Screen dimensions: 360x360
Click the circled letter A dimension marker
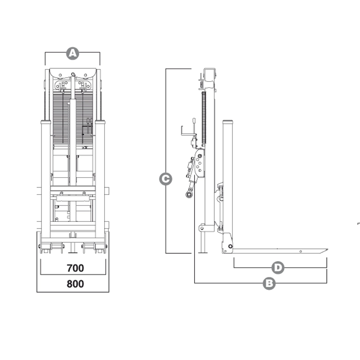[72, 54]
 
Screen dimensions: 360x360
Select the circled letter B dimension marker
[269, 283]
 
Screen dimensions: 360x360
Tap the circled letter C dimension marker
[166, 179]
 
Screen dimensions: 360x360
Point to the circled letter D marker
[278, 268]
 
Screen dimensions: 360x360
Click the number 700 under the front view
[75, 268]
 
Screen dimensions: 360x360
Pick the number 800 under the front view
[75, 284]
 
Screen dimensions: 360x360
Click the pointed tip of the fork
[328, 249]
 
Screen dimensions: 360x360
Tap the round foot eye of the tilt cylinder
[189, 195]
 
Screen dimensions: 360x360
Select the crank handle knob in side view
[194, 121]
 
